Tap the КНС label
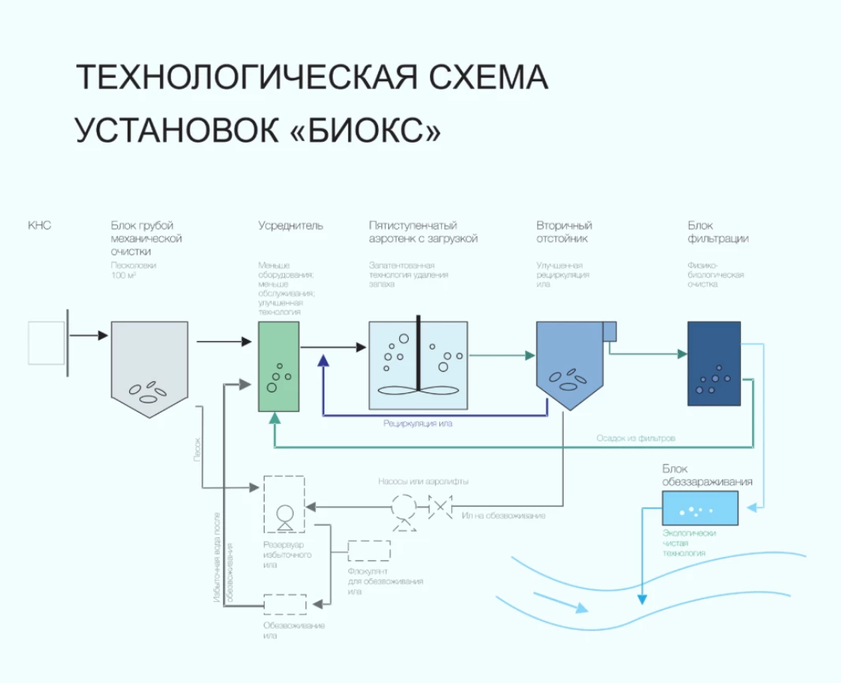point(39,226)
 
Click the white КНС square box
point(46,343)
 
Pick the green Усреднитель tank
point(279,366)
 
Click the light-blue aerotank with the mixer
point(419,365)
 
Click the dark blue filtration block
point(713,363)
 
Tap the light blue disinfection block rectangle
point(699,508)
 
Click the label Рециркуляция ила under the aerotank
point(417,424)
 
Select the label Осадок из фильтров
point(635,437)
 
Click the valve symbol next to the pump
point(439,507)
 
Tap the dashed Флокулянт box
point(369,551)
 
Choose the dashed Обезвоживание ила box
point(284,604)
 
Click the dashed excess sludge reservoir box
point(283,503)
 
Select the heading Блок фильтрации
point(717,232)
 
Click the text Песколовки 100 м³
point(133,270)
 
